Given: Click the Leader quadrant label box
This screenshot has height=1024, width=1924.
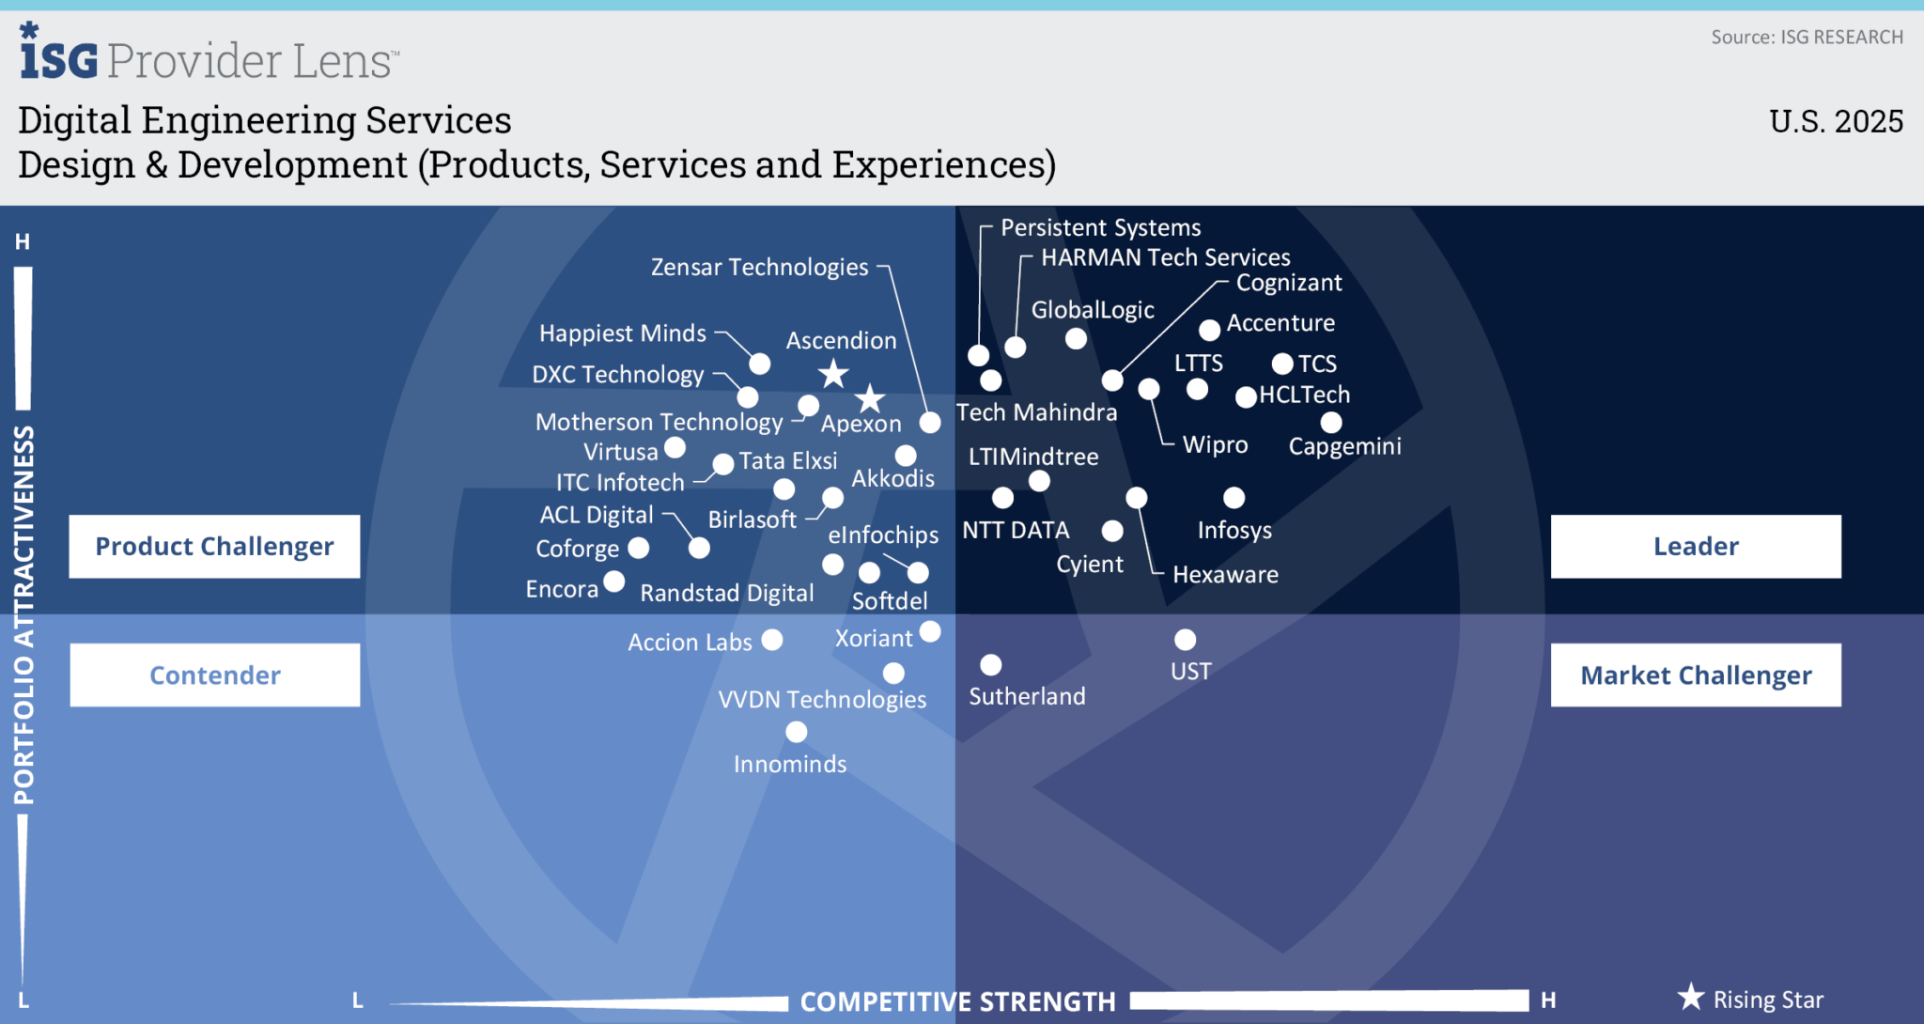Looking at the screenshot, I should click(1696, 546).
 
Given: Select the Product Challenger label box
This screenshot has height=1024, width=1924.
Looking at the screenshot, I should click(214, 546).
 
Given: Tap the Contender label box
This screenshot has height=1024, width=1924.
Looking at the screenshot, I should click(214, 675).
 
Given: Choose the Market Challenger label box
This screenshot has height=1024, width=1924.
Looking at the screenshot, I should click(1696, 675).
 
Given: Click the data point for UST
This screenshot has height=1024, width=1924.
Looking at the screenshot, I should click(1186, 640).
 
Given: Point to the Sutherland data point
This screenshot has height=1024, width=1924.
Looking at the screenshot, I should click(990, 665).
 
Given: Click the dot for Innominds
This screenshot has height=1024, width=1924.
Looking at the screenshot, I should click(797, 732).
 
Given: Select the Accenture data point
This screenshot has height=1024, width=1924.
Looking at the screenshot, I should click(1210, 330).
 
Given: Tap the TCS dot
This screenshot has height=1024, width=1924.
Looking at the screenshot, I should click(1282, 364).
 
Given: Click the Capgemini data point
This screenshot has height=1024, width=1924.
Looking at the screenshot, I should click(1331, 423).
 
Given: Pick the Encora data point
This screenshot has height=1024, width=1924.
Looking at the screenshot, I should click(614, 582).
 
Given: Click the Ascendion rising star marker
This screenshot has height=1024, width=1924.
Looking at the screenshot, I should click(833, 374).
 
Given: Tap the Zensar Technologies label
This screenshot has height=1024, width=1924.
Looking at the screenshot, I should click(759, 268).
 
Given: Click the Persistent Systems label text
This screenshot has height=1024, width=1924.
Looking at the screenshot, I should click(1100, 228).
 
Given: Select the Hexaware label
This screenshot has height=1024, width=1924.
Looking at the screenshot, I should click(1225, 575).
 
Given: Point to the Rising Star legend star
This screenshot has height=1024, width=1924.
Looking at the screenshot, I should click(1691, 997).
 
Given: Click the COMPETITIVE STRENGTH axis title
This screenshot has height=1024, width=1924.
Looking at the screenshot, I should click(957, 1001).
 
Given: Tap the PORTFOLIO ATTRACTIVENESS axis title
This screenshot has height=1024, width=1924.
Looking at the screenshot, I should click(24, 615).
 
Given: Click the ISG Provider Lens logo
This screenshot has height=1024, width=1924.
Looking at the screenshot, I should click(209, 56).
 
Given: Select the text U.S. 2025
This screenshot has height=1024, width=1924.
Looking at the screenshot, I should click(1836, 122).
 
